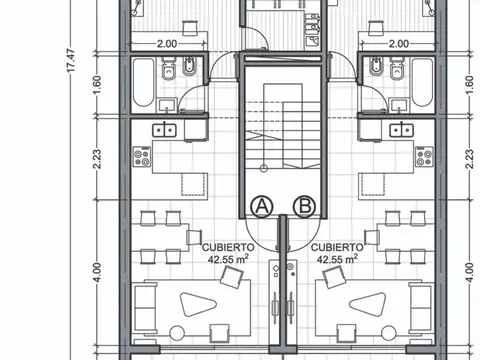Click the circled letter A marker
click(x=262, y=206)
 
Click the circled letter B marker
click(x=303, y=206)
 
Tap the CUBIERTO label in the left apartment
click(x=227, y=245)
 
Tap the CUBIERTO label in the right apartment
click(x=336, y=245)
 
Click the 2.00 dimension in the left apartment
click(x=167, y=44)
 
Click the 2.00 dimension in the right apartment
click(x=397, y=44)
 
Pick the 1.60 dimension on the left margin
click(x=97, y=88)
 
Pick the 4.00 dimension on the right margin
click(x=468, y=269)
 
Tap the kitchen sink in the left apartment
click(x=163, y=129)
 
